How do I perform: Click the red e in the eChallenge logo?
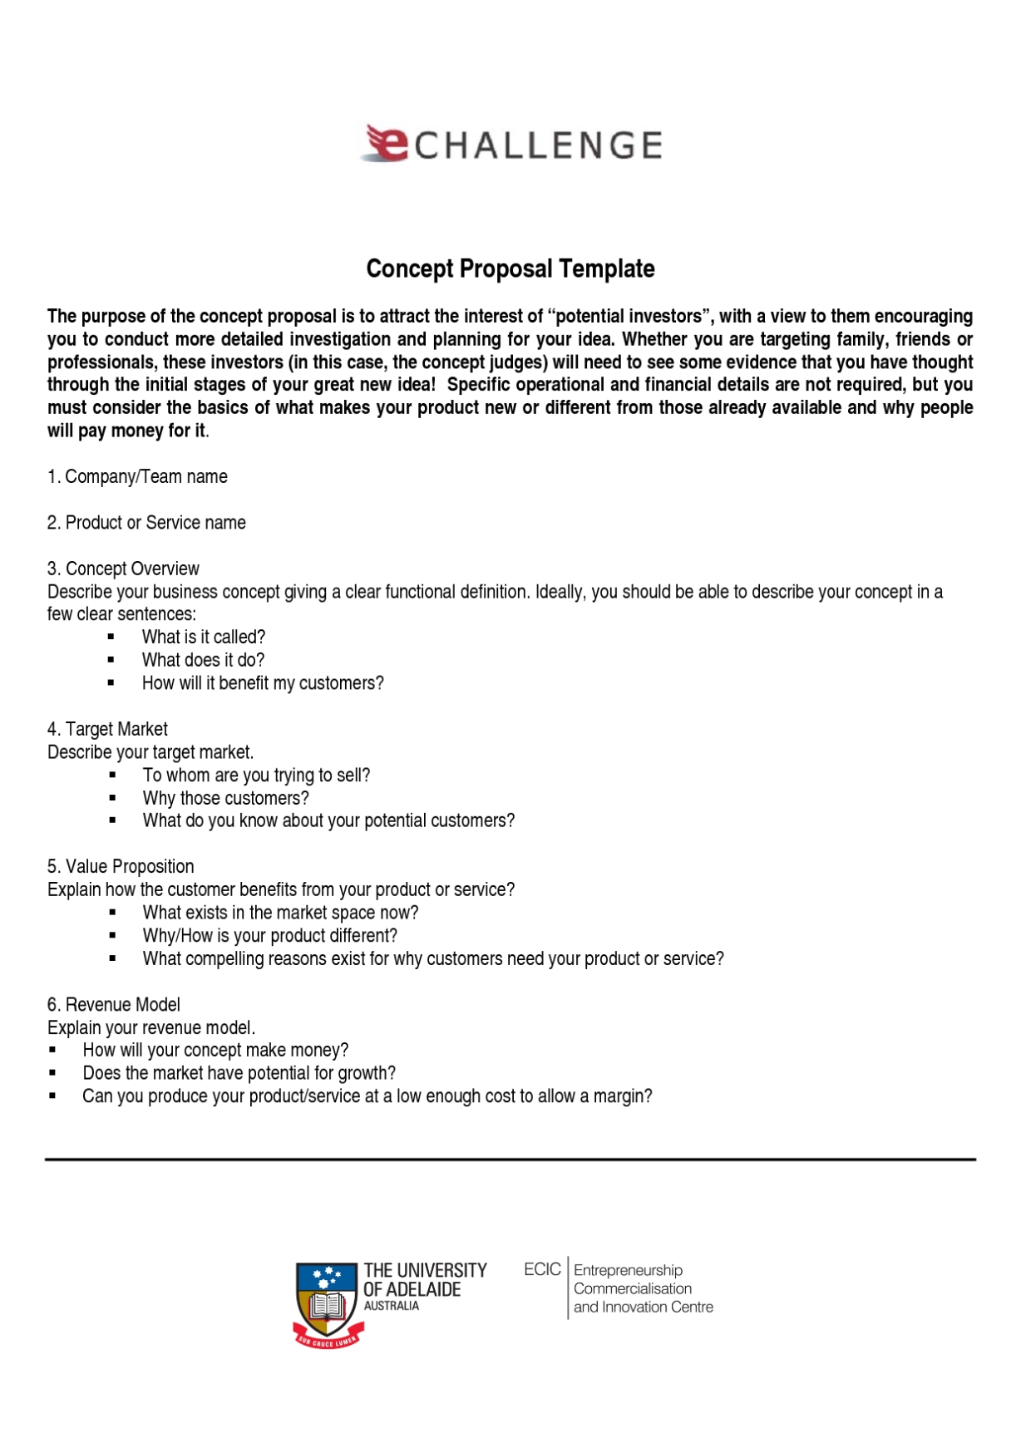[386, 143]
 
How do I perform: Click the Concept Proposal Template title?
[510, 268]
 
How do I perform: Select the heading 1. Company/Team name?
[137, 476]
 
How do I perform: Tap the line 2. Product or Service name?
[146, 523]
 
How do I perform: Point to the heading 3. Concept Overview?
[123, 569]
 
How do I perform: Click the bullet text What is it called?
[204, 637]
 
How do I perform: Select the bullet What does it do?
[203, 660]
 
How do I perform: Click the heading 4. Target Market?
[107, 729]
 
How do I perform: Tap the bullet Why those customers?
[225, 798]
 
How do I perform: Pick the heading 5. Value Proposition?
[121, 866]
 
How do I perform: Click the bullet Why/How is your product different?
[269, 935]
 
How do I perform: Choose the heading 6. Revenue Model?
[113, 1004]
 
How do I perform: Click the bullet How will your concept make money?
[215, 1050]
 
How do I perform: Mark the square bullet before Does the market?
[53, 1073]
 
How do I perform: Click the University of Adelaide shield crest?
[327, 1302]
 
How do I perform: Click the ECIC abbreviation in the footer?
[542, 1269]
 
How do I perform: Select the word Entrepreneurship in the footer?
[628, 1270]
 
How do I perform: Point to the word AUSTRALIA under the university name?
[392, 1306]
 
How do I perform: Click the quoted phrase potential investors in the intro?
[629, 316]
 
